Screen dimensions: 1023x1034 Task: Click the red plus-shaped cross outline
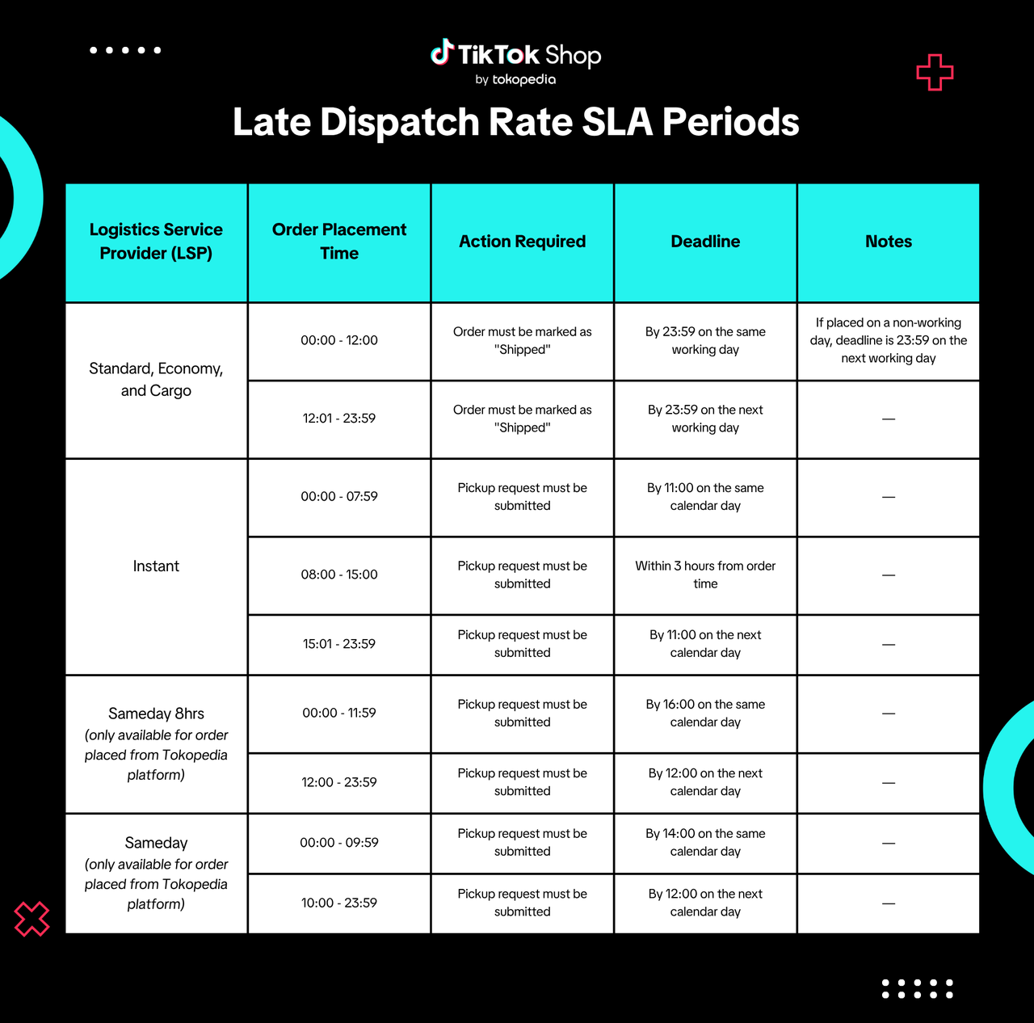point(935,73)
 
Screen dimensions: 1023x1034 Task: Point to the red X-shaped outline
point(32,919)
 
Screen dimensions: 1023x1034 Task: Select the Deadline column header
point(705,242)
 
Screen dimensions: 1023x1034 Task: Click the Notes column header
point(889,242)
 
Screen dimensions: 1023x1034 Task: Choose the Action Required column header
point(522,242)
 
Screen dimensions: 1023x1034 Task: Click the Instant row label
point(156,566)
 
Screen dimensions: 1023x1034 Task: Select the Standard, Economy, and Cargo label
point(156,379)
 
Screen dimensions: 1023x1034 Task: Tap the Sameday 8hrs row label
point(156,714)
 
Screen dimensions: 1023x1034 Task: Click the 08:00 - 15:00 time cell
point(339,575)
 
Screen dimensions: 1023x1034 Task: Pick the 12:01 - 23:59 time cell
point(339,419)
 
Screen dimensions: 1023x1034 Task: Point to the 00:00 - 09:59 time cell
point(339,842)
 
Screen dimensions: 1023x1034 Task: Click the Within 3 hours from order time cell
point(705,575)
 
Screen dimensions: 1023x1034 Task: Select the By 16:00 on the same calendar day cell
point(705,713)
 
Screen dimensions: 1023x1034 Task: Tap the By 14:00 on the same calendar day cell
point(705,842)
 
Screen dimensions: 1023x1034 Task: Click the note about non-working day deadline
point(889,340)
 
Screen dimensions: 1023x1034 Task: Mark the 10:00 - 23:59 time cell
point(339,903)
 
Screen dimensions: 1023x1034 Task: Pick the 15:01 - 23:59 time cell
point(339,644)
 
